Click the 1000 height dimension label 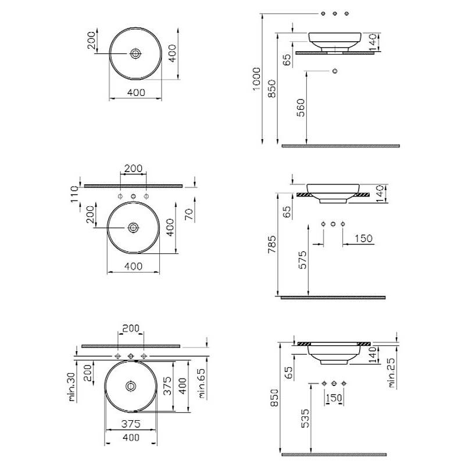[256, 78]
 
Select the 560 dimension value [301, 108]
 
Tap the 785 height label [272, 244]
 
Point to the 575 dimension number [302, 260]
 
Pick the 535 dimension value [305, 419]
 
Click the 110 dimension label [74, 194]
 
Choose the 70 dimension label [189, 214]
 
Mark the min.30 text [72, 387]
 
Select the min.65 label [202, 383]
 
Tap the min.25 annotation [391, 373]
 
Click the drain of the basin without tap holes [135, 53]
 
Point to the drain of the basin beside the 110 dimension [133, 227]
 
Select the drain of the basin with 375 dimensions [131, 386]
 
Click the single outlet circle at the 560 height [335, 71]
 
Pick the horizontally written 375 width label [131, 424]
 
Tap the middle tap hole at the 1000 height [335, 13]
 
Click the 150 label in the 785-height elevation [364, 238]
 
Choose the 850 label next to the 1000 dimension [271, 88]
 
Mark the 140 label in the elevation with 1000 [373, 42]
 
